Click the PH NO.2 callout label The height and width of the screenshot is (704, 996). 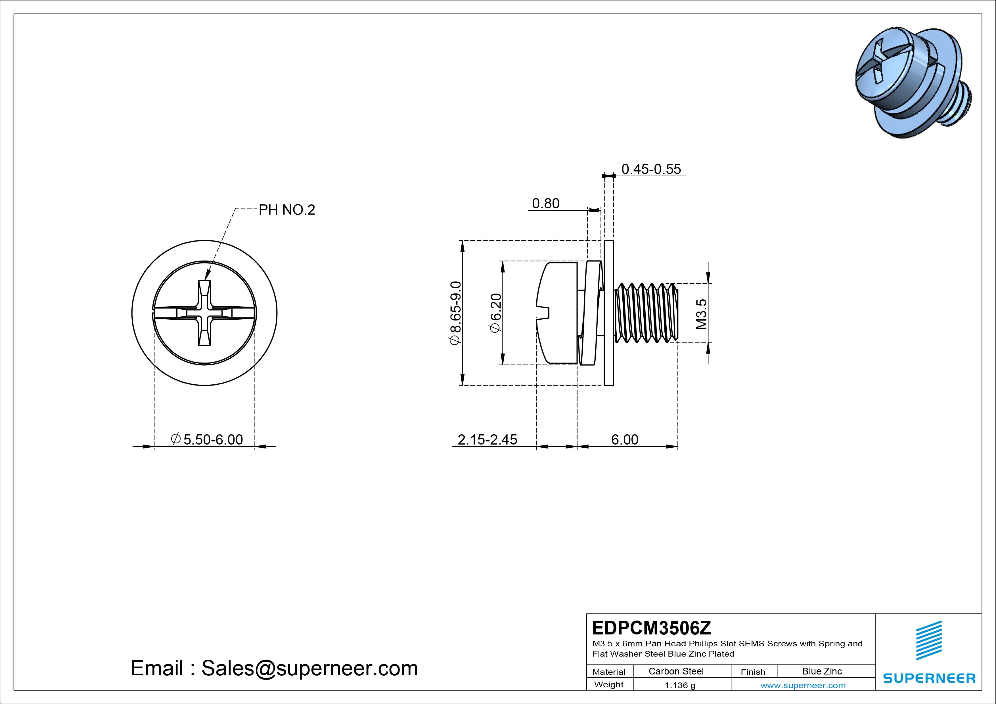(287, 210)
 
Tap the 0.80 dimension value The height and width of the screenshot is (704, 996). (545, 204)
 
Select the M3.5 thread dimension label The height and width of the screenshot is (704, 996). (702, 314)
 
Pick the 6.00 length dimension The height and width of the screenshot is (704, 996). (625, 439)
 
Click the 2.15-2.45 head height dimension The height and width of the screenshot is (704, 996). (487, 439)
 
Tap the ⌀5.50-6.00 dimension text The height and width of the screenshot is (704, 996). (207, 439)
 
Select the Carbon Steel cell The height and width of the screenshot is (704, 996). (676, 671)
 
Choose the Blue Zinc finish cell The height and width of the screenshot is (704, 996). (822, 671)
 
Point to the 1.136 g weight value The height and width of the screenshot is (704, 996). (680, 685)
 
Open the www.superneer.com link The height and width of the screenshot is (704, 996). (803, 685)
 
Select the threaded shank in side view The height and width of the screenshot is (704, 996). (646, 313)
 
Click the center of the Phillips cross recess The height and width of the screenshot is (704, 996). (204, 313)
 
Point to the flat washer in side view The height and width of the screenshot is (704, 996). (609, 313)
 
